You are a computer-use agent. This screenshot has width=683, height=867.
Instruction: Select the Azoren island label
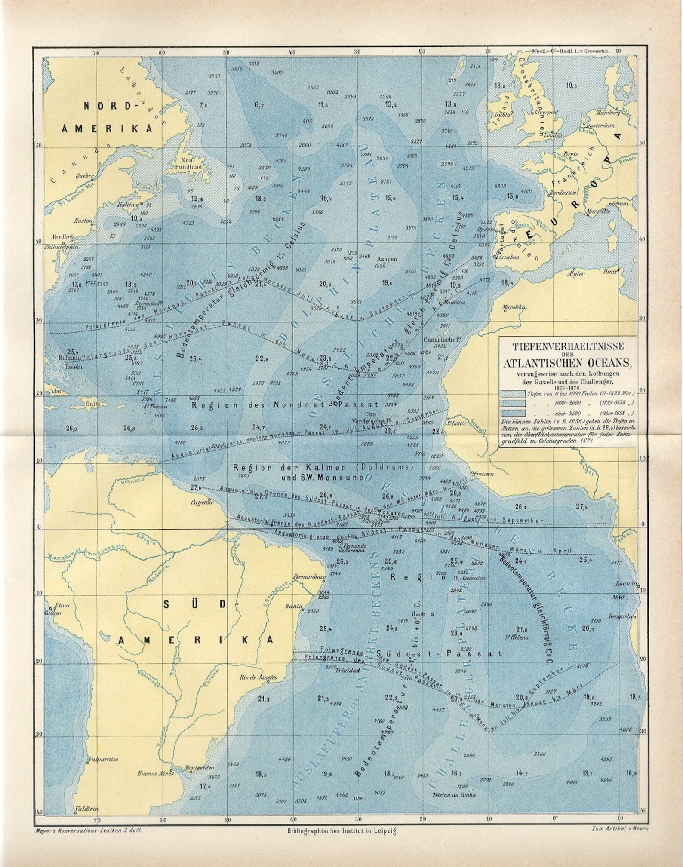(387, 259)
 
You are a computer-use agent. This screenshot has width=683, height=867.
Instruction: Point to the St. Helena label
(517, 637)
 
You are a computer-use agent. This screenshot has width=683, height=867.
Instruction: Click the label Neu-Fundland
(185, 163)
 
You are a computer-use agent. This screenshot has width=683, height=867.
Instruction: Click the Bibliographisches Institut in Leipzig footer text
(342, 831)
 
